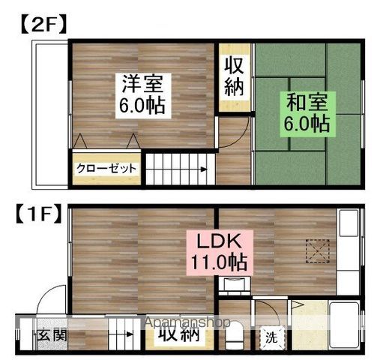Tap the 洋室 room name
[142, 82]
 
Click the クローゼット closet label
[106, 169]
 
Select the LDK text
[217, 241]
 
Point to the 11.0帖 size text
[217, 263]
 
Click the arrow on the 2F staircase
[202, 169]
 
